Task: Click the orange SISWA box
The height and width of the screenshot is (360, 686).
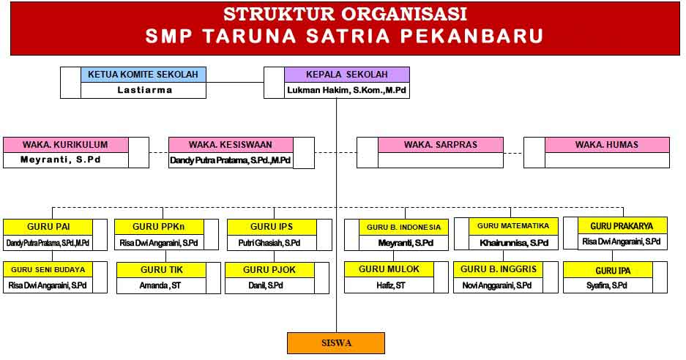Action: [336, 343]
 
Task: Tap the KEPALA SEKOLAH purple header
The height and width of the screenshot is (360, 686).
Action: [347, 75]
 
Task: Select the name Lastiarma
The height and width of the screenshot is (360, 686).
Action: [145, 90]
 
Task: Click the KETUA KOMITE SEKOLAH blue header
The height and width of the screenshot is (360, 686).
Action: [143, 75]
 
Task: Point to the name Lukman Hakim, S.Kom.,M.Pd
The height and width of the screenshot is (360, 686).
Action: [346, 91]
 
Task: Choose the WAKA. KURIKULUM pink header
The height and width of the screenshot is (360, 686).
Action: [66, 145]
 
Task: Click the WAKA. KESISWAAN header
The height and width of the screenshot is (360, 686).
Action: [231, 145]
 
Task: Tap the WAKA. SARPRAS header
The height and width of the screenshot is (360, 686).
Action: [441, 145]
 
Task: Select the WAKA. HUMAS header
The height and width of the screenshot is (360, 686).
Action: [607, 145]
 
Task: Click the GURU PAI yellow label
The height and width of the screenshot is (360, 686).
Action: [48, 227]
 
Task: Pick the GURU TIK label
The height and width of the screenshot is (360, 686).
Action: [162, 270]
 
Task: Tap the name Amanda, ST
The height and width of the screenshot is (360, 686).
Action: [160, 285]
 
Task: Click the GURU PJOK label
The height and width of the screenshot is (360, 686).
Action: [269, 270]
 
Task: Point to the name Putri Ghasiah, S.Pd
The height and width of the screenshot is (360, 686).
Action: [269, 243]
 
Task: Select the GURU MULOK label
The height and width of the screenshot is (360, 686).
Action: [389, 269]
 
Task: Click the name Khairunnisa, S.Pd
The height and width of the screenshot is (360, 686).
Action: [514, 243]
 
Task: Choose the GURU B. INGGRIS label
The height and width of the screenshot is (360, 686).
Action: [499, 269]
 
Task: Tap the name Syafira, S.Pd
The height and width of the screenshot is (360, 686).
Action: [607, 285]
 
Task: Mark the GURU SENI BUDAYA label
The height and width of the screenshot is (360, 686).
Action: [48, 270]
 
